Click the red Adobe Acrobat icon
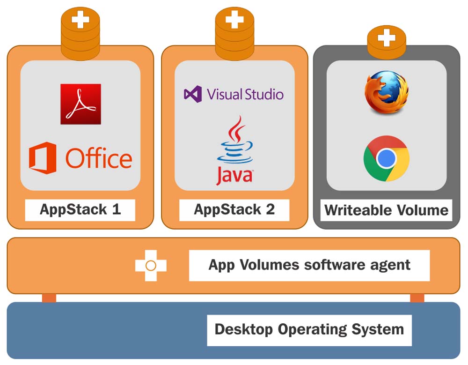(x=80, y=104)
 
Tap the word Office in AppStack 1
(x=99, y=158)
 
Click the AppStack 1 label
(x=80, y=209)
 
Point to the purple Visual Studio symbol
(x=193, y=94)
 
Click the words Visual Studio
(x=245, y=94)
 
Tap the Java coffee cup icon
(x=234, y=141)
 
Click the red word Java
(x=234, y=176)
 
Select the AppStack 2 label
(x=234, y=209)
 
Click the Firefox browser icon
(x=387, y=92)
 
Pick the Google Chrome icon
(x=387, y=158)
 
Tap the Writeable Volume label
(x=387, y=209)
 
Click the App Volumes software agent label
(x=309, y=265)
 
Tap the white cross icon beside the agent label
(x=151, y=266)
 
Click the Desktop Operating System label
(x=309, y=329)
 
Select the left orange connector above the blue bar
(x=49, y=298)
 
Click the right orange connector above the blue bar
(x=417, y=298)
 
